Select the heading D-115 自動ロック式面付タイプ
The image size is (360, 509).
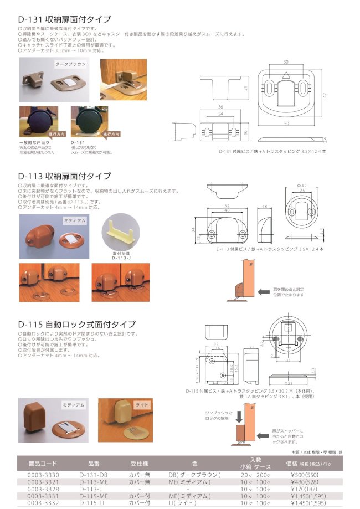(76, 324)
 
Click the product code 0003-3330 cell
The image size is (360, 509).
(43, 475)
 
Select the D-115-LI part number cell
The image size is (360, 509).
(93, 503)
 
